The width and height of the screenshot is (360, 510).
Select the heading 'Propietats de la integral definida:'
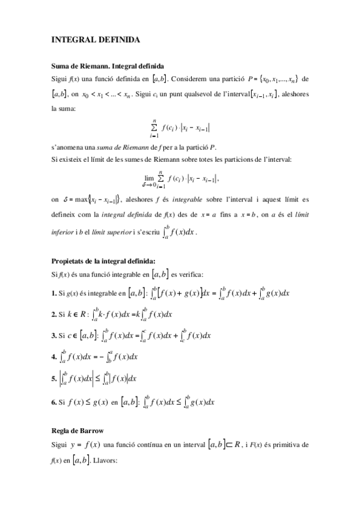point(103,260)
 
